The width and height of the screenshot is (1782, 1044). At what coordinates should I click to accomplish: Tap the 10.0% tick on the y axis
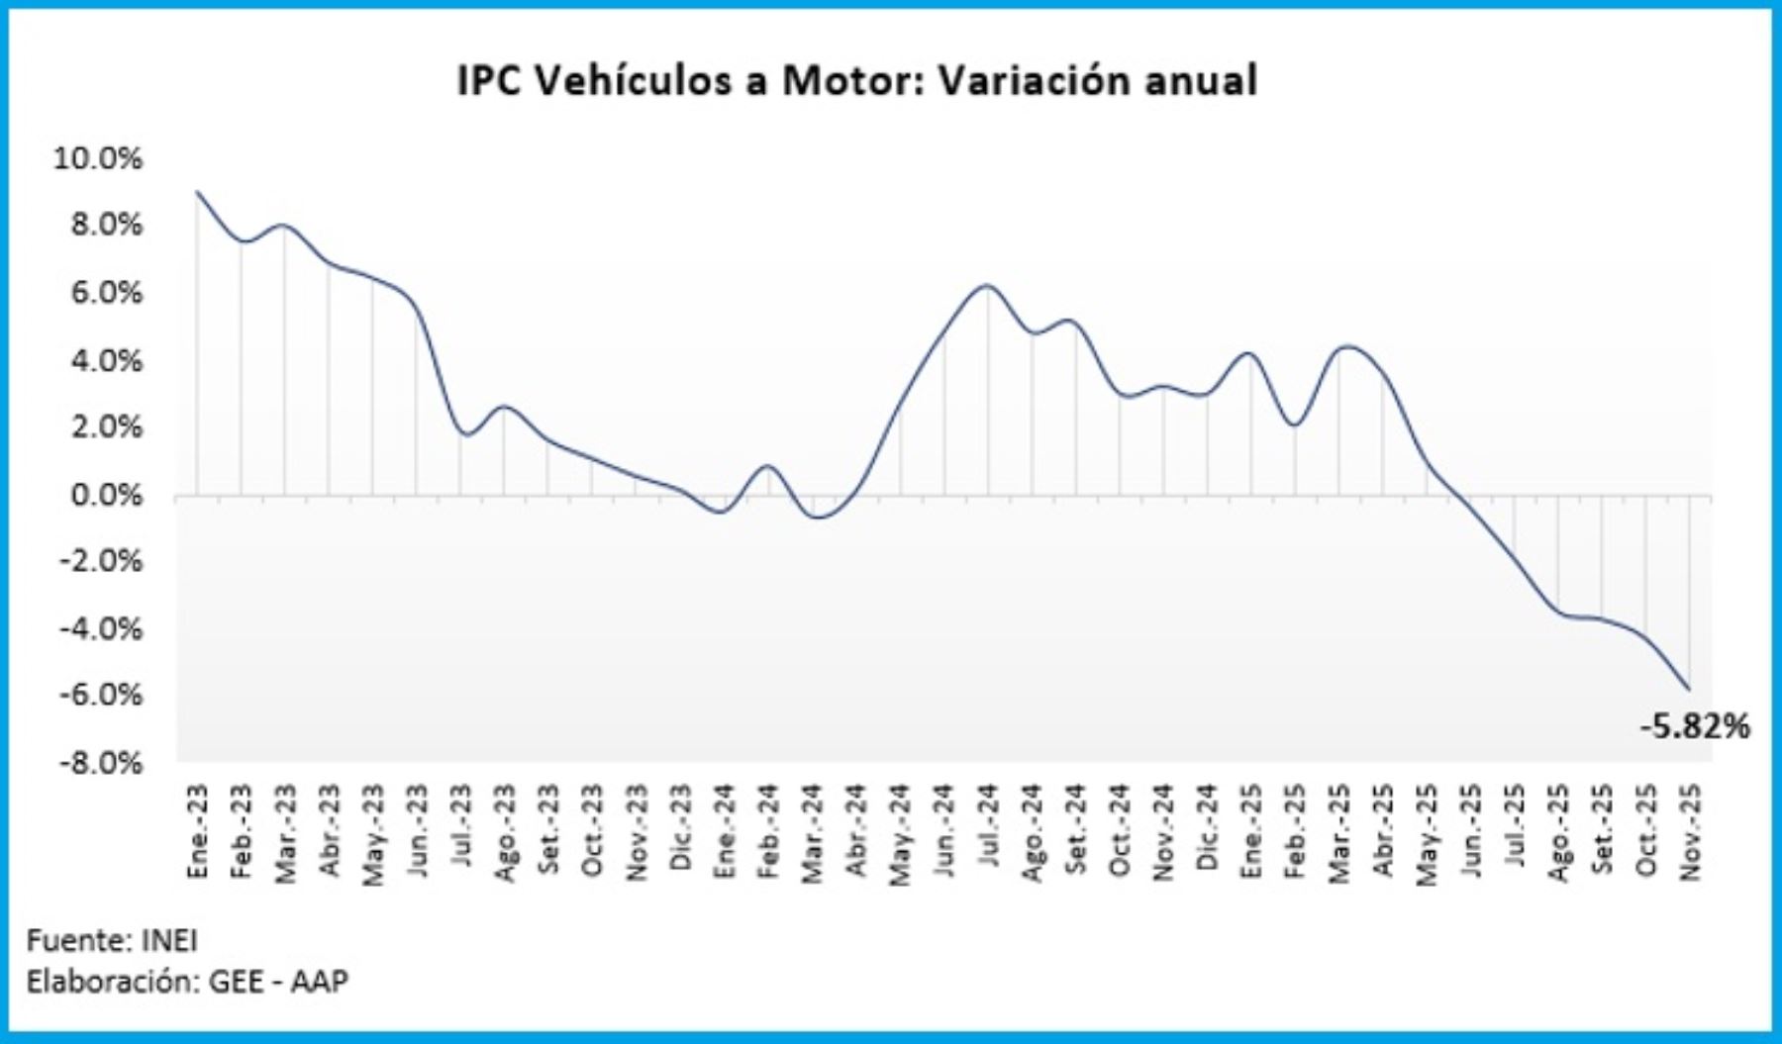coord(98,158)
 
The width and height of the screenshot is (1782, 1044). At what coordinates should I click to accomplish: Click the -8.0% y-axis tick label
coord(100,763)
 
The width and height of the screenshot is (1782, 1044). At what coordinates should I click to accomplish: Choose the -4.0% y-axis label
coord(100,628)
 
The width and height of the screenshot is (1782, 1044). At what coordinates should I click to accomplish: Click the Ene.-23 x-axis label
coord(198,831)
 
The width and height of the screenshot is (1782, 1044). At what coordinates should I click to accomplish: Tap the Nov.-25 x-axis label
coord(1691,831)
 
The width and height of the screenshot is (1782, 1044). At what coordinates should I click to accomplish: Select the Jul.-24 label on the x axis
coord(988,831)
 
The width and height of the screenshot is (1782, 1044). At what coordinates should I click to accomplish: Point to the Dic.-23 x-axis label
coord(681,831)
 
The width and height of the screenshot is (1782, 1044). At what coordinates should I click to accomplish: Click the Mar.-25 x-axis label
coord(1339,831)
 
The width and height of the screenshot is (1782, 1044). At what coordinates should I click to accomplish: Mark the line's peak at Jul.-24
coord(987,286)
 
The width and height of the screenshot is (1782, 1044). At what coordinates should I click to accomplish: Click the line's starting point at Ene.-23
coord(198,192)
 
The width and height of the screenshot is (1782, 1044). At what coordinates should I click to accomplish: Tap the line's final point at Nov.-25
coord(1689,689)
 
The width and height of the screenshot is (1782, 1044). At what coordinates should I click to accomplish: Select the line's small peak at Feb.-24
coord(768,466)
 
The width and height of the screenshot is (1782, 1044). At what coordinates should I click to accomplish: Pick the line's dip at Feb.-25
coord(1295,426)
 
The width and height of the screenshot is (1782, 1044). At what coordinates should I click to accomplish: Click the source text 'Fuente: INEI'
coord(112,939)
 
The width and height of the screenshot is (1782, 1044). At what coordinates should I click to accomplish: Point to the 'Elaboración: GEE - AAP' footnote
coord(187,982)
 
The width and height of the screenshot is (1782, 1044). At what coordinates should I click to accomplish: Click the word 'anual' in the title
coord(1200,80)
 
